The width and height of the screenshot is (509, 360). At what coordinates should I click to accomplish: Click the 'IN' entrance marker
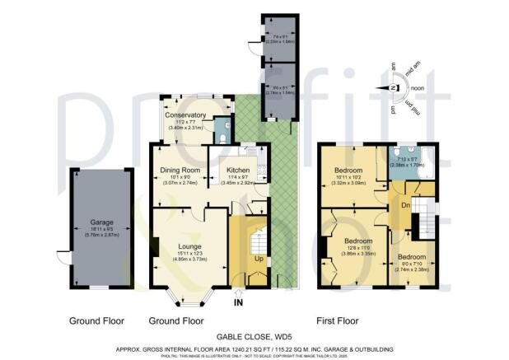[x=238, y=302]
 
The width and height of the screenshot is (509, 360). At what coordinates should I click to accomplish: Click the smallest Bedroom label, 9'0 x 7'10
[x=412, y=256]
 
